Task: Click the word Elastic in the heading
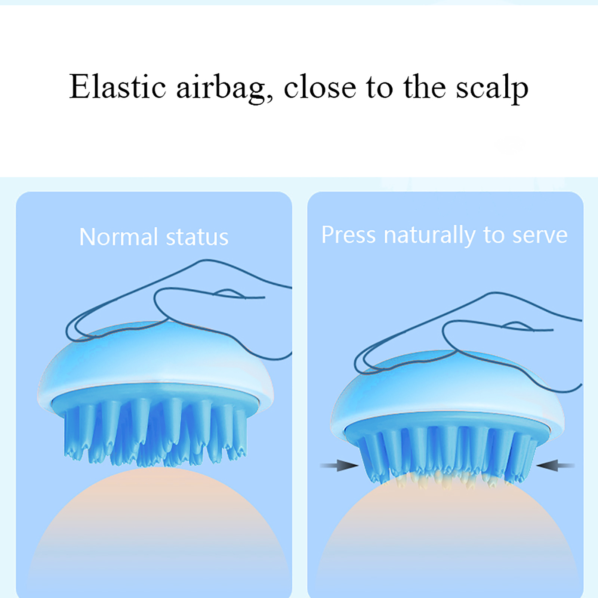117,86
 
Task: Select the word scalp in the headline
492,89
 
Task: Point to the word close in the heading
320,86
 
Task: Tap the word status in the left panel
197,238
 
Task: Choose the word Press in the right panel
348,235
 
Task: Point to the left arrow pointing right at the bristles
339,466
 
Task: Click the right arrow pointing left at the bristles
555,466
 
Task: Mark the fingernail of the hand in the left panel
229,294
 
